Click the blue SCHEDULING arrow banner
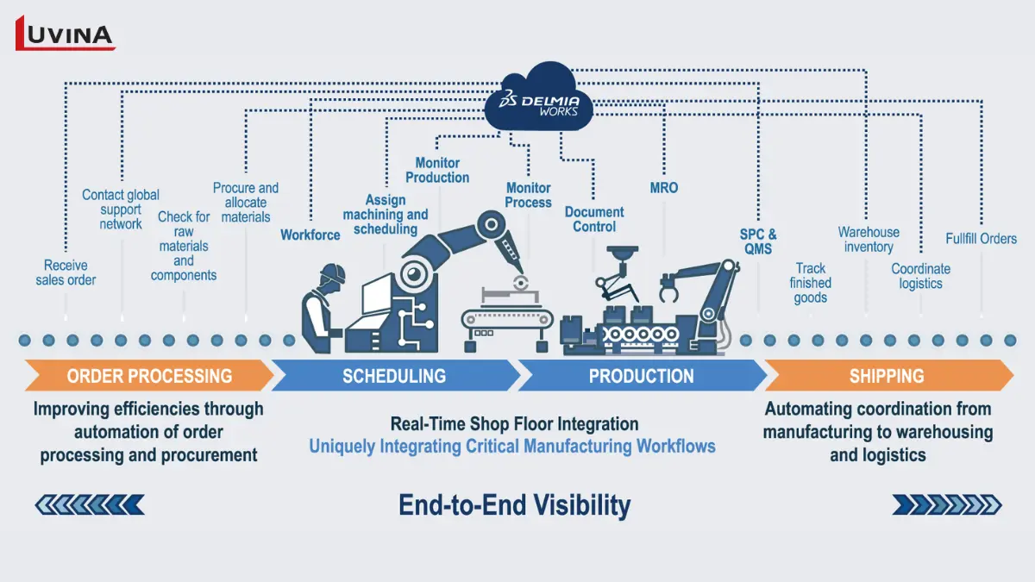(x=394, y=376)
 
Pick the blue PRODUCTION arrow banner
(x=641, y=376)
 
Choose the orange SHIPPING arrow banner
(x=888, y=376)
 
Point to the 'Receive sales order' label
(x=66, y=272)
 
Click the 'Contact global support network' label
(x=121, y=210)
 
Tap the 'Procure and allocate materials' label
(x=246, y=203)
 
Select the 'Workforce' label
(x=310, y=235)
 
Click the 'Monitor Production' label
(x=437, y=170)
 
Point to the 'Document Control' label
(x=594, y=219)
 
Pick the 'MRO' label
(x=664, y=187)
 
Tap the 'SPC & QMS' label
(x=758, y=241)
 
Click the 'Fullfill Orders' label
(x=981, y=239)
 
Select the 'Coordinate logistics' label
(x=920, y=276)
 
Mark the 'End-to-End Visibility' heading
(x=514, y=504)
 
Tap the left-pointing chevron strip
(x=90, y=504)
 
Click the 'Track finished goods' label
(x=811, y=283)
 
